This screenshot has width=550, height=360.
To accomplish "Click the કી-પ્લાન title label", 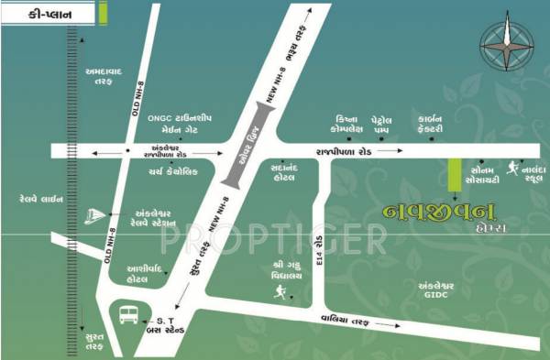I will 45,14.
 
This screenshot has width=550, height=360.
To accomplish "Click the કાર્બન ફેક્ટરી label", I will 429,125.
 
